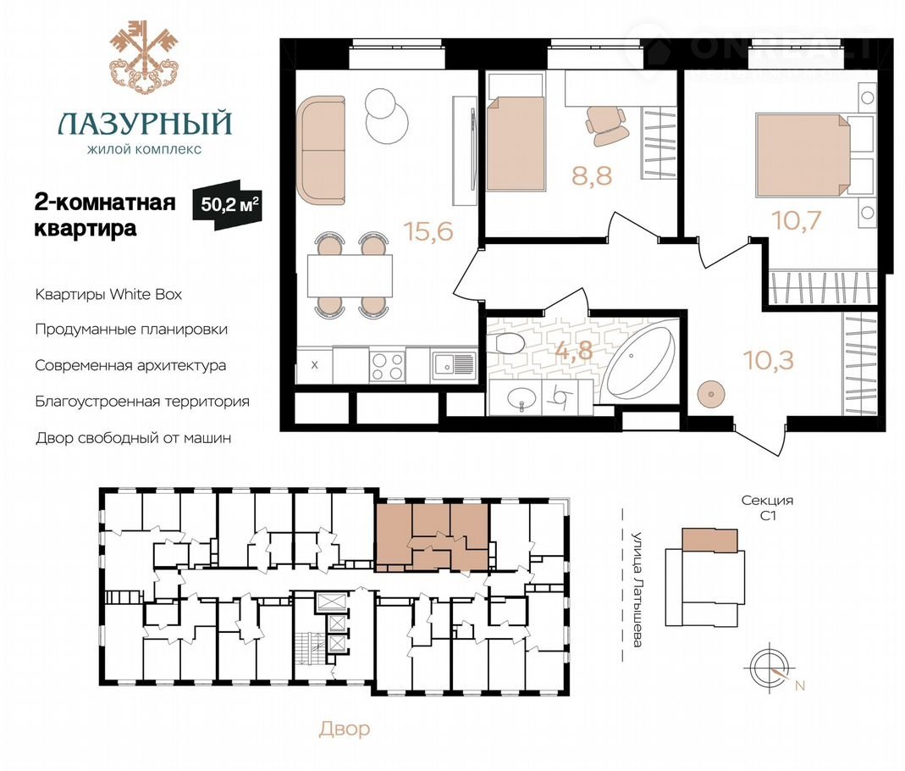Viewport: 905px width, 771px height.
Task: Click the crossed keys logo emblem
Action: click(x=143, y=57)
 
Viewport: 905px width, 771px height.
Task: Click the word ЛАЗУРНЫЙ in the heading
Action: click(x=145, y=123)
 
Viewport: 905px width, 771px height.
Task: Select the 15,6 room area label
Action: click(x=429, y=231)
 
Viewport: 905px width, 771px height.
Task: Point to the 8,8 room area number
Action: click(x=592, y=175)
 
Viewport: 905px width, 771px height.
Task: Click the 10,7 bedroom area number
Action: click(x=797, y=220)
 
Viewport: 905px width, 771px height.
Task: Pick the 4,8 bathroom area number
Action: click(x=574, y=350)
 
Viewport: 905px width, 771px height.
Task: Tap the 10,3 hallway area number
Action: click(x=769, y=360)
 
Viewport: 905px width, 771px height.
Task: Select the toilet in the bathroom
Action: click(x=509, y=343)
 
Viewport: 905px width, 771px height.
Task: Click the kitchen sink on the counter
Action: click(x=453, y=364)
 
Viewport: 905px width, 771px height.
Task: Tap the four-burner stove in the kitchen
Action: click(x=387, y=365)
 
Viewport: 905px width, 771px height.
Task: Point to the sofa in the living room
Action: click(x=321, y=150)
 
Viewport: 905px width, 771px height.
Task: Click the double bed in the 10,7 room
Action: click(x=803, y=153)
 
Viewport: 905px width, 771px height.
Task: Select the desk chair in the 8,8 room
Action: click(x=607, y=125)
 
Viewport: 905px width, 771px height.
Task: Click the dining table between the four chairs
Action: click(x=350, y=275)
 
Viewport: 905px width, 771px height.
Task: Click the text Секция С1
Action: click(x=767, y=508)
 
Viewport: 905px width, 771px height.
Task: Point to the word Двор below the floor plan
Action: click(x=345, y=729)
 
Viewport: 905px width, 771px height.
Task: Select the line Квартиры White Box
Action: click(x=108, y=295)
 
